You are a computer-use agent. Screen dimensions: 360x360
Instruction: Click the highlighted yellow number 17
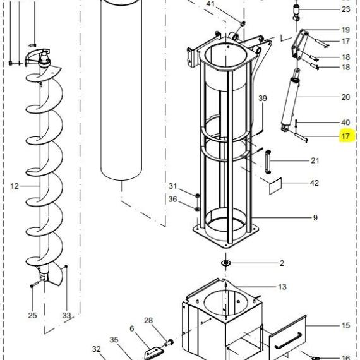pyautogui.click(x=345, y=136)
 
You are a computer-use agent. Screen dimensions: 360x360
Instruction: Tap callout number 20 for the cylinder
pyautogui.click(x=345, y=97)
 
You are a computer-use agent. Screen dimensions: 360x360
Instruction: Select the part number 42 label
pyautogui.click(x=315, y=183)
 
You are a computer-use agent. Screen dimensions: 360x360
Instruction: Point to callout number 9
pyautogui.click(x=315, y=218)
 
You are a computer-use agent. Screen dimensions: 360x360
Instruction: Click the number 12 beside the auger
pyautogui.click(x=15, y=186)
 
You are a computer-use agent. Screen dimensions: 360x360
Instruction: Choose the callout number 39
pyautogui.click(x=263, y=99)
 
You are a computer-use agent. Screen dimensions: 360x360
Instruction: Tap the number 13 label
pyautogui.click(x=282, y=287)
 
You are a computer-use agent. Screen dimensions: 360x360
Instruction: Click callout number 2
pyautogui.click(x=282, y=263)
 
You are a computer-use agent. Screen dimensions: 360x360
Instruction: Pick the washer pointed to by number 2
pyautogui.click(x=226, y=263)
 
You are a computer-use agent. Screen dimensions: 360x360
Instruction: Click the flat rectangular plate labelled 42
pyautogui.click(x=275, y=186)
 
